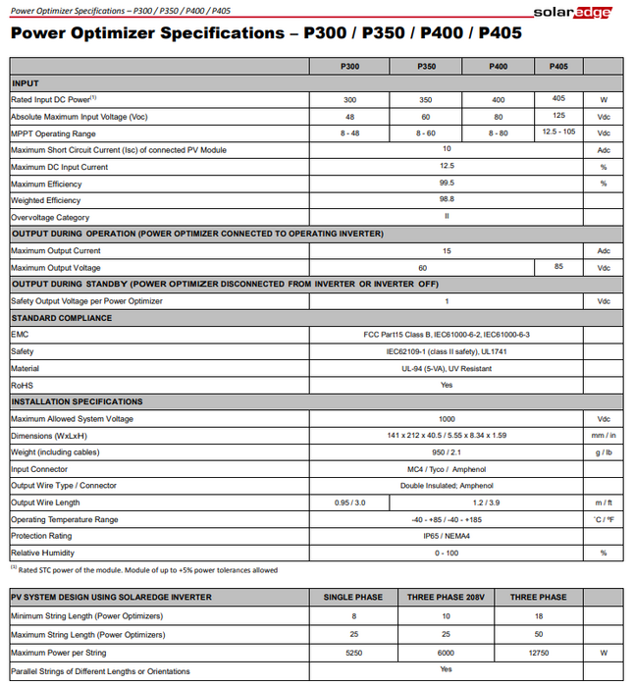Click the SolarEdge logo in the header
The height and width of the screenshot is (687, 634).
572,12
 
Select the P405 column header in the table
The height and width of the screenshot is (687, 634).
558,67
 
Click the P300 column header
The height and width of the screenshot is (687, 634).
349,67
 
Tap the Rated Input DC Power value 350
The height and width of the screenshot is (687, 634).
426,99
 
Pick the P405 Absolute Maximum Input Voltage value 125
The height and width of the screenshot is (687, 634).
558,115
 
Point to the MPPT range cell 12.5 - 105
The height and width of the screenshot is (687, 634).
558,132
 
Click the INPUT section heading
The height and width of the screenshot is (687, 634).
26,83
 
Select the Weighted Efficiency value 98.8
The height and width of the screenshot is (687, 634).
447,199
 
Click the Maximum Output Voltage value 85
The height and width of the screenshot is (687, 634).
558,266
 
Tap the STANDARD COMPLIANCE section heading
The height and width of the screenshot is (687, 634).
61,318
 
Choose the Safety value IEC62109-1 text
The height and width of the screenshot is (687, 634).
447,351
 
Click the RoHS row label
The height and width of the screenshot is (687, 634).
22,386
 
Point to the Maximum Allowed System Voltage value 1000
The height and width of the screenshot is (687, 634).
447,418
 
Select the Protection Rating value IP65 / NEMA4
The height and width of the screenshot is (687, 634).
447,536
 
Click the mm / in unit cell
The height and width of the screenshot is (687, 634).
604,436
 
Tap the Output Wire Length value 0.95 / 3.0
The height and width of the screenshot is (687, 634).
349,502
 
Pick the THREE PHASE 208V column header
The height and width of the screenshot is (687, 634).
447,597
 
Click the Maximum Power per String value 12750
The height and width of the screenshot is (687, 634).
537,652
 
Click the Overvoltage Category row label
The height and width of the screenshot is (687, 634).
50,217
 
